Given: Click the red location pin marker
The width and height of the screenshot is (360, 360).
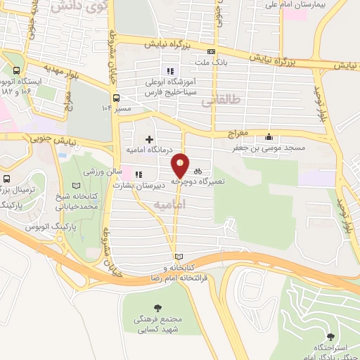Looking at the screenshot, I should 181,165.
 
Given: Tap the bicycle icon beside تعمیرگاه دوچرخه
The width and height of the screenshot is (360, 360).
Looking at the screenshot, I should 198,170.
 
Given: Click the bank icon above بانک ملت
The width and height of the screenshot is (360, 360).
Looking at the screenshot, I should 212,51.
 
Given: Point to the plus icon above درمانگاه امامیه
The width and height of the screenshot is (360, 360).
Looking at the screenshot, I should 149,139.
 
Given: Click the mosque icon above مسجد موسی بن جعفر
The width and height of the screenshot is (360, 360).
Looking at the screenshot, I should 268,138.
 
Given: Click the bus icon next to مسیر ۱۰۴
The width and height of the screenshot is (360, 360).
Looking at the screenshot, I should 117,98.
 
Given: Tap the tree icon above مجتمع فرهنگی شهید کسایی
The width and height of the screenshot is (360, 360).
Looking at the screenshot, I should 157,307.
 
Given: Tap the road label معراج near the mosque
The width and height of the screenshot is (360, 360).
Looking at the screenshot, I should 239,132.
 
